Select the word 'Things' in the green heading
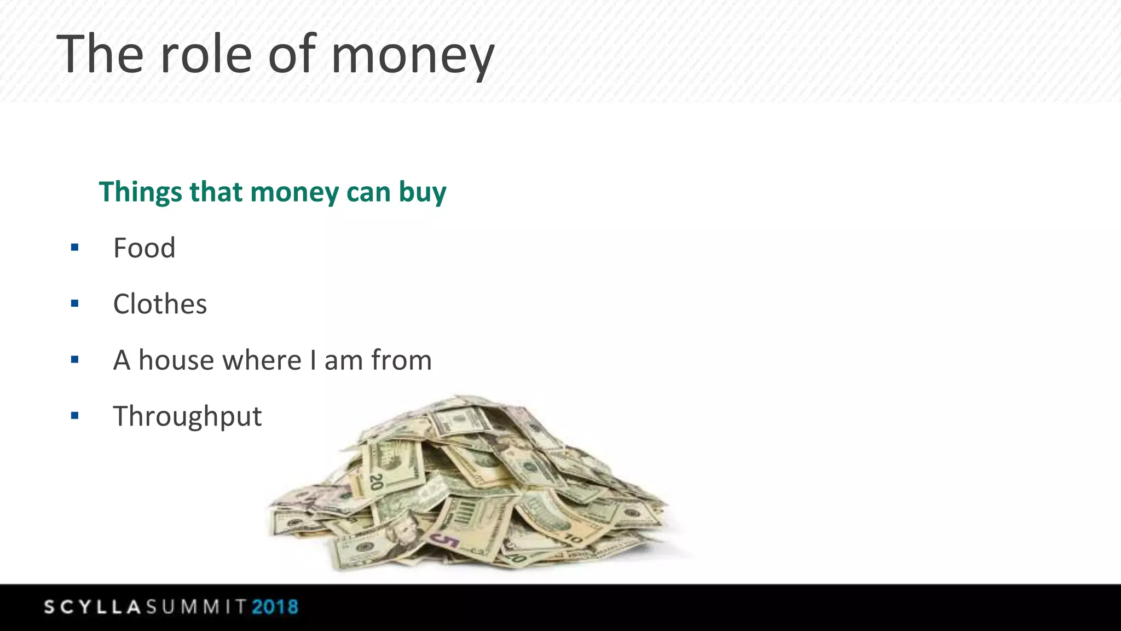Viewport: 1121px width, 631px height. pyautogui.click(x=140, y=192)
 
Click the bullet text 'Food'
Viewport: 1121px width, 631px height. pyautogui.click(x=144, y=248)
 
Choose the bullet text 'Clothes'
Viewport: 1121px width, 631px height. pyautogui.click(x=160, y=304)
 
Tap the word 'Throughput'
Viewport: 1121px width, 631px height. pyautogui.click(x=187, y=416)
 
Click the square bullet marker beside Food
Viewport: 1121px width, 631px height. pyautogui.click(x=75, y=248)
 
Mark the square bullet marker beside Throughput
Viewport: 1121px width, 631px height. pyautogui.click(x=75, y=416)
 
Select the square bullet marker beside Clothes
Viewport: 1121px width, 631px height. pyautogui.click(x=75, y=303)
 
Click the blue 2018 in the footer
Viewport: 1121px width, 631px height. pyautogui.click(x=275, y=607)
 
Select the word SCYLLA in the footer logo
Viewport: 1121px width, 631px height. pyautogui.click(x=93, y=607)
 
